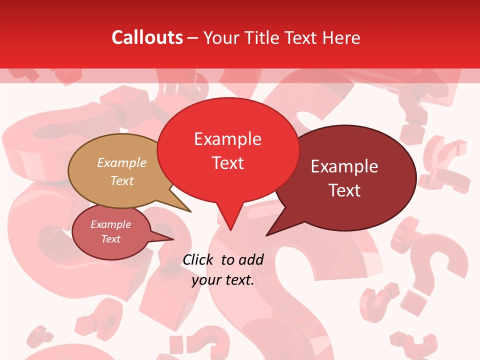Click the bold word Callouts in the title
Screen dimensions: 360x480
[x=147, y=37]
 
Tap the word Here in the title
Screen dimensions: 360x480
[x=341, y=37]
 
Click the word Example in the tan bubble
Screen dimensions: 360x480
[x=122, y=163]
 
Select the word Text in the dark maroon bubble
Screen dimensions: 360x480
[x=345, y=190]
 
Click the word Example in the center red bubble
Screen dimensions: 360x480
[x=227, y=139]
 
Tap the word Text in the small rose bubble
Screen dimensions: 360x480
[x=111, y=239]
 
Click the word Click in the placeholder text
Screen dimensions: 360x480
[x=198, y=259]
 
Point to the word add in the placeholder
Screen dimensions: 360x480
[x=251, y=259]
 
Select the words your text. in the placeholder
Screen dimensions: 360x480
[x=223, y=280]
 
